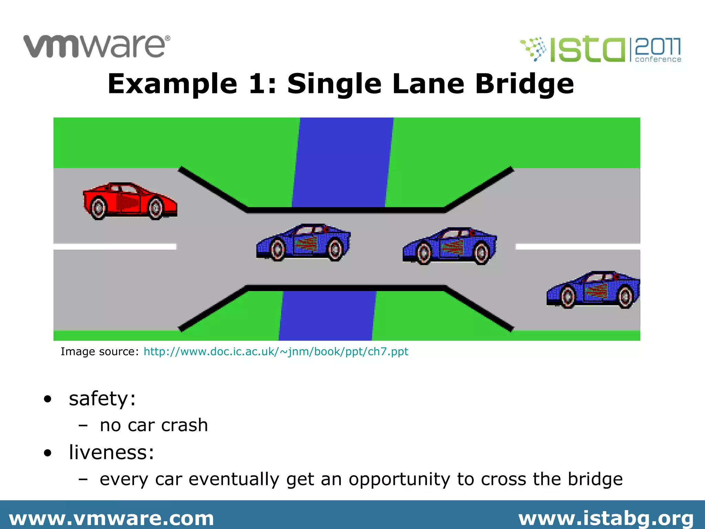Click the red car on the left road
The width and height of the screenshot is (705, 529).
point(130,201)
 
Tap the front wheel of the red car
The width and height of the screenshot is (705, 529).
point(156,208)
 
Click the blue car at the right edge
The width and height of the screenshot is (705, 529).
point(593,290)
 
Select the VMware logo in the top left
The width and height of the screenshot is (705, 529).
point(97,46)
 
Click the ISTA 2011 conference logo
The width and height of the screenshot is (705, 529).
point(601,50)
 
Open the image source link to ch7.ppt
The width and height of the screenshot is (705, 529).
point(276,352)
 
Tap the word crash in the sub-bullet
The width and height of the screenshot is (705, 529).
point(185,425)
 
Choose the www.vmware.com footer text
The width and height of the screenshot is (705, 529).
point(112,518)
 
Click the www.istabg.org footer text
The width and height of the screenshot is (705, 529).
point(606,518)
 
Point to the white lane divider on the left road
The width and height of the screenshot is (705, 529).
point(115,247)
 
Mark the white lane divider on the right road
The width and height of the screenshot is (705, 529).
point(578,247)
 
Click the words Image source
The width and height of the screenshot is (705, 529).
point(99,352)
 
